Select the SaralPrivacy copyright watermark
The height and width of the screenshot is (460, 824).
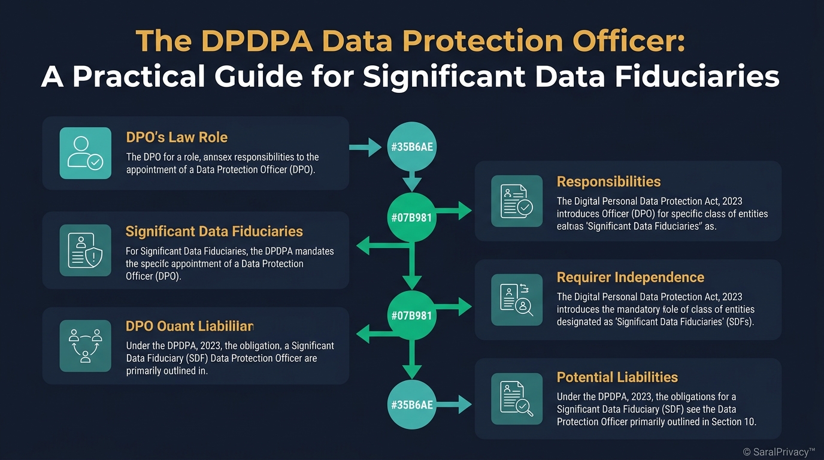coord(779,452)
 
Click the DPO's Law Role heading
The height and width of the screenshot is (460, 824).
coord(177,137)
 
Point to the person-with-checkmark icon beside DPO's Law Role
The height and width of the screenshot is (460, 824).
coord(86,153)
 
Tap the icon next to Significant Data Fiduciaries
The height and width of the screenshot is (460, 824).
coord(86,250)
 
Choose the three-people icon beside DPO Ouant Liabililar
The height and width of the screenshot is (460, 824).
coord(86,346)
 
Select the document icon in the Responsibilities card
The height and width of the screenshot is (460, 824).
coord(516,201)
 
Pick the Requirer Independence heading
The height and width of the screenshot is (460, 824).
coord(630,277)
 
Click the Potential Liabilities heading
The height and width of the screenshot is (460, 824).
coord(617,377)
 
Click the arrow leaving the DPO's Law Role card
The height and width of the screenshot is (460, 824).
coord(365,146)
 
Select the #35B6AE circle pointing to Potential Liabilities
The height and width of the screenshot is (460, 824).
coord(411,405)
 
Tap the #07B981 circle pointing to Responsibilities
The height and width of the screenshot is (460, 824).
coord(411,217)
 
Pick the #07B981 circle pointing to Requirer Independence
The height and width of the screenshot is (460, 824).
coord(411,315)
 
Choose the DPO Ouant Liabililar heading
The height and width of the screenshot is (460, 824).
coord(189,326)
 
